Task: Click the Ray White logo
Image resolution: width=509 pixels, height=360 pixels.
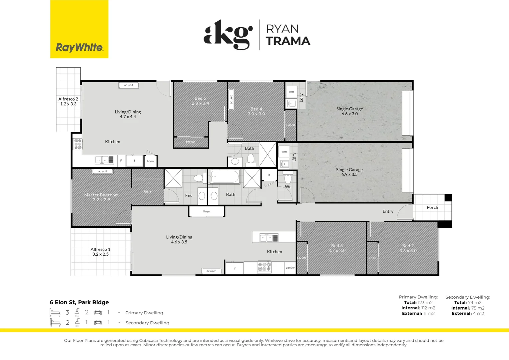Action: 79,47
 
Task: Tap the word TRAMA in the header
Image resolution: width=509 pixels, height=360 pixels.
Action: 288,41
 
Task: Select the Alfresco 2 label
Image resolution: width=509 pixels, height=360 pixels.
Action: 68,101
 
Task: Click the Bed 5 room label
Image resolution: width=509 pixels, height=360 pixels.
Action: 200,101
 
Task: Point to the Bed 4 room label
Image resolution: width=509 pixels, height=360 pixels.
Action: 256,111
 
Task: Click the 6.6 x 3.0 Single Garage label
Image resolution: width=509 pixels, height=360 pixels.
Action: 349,111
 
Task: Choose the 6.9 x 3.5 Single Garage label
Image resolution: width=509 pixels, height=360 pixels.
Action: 349,172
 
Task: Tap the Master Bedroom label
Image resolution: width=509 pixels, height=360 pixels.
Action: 101,197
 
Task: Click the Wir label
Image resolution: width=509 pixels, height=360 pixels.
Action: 148,192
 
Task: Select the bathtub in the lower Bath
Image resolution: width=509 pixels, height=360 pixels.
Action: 225,177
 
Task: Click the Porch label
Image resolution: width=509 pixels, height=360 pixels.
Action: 432,207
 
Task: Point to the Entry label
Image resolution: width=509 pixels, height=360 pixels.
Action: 388,211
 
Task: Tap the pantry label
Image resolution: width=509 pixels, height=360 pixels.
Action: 290,268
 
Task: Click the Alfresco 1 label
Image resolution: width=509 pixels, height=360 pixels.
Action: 100,252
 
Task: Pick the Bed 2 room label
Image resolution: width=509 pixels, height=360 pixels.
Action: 408,248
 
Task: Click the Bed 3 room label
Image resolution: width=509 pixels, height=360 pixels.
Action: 337,248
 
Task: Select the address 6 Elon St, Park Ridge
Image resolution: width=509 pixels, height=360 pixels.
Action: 79,302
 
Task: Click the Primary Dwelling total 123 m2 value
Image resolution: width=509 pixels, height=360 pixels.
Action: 425,303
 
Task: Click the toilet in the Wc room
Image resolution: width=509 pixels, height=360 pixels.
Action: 288,178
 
